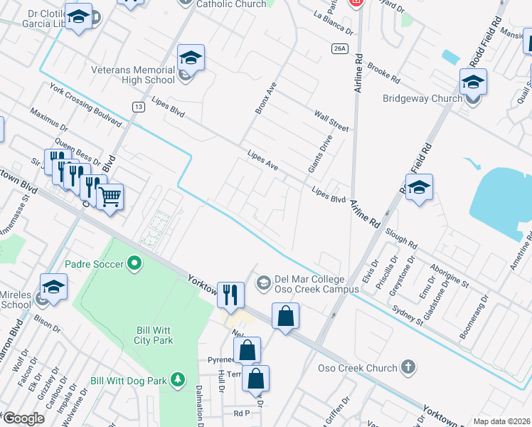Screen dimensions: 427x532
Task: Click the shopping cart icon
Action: click(110, 196)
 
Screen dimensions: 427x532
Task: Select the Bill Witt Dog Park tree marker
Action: click(181, 381)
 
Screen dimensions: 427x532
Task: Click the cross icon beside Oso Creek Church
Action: click(408, 368)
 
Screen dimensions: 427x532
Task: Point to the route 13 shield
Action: click(138, 106)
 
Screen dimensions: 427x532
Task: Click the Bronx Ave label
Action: click(265, 98)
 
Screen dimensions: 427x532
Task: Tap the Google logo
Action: click(23, 418)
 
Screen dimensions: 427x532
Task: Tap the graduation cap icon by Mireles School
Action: click(53, 287)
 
